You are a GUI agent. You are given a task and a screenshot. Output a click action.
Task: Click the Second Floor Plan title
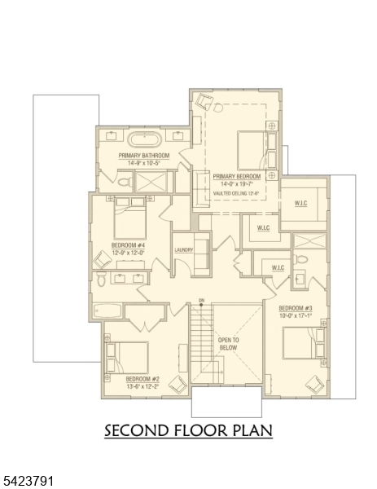[188, 430]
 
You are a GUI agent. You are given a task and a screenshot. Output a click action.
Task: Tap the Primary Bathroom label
[143, 156]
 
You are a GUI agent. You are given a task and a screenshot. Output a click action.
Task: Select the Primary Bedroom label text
[237, 176]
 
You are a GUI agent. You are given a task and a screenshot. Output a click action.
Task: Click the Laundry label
[183, 250]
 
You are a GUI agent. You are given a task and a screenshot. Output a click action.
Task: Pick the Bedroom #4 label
[128, 244]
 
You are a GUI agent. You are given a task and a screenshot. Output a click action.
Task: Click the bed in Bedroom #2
[125, 357]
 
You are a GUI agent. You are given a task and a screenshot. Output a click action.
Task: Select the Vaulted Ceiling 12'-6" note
[237, 193]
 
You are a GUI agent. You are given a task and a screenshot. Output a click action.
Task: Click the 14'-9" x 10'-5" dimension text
[143, 163]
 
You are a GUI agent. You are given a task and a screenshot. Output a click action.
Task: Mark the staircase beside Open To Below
[200, 342]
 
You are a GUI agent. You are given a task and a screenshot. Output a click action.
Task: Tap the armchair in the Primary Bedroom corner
[204, 102]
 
